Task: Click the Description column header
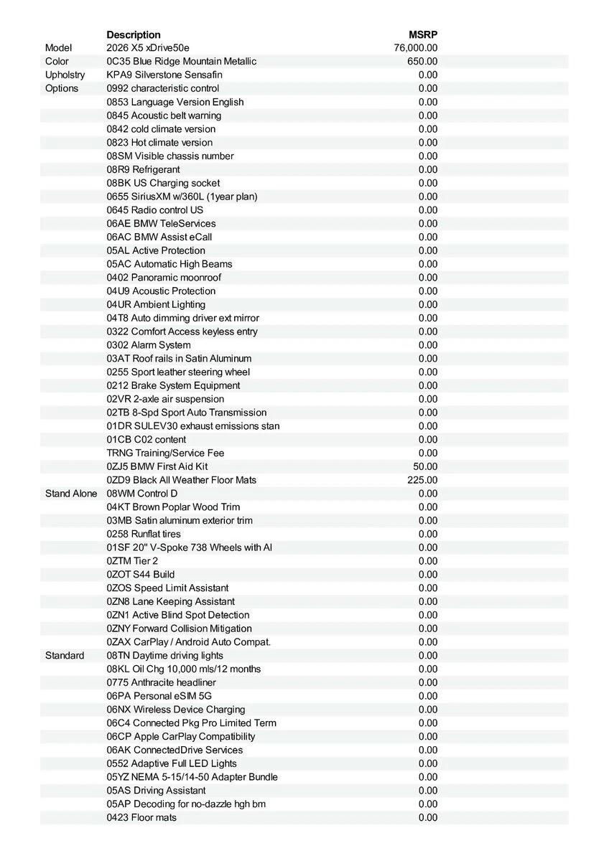coord(134,34)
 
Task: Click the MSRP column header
coord(423,34)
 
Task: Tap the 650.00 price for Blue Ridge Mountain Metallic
coord(422,62)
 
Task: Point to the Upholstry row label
coord(65,75)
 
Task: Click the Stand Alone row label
coord(71,494)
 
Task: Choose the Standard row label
coord(65,656)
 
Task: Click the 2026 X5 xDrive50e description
coord(148,48)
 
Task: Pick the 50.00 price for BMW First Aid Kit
coord(425,466)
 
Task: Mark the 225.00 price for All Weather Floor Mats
coord(422,480)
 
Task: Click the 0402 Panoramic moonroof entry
coord(164,278)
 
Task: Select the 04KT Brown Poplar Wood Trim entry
coord(173,507)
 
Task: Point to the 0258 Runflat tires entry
coord(144,534)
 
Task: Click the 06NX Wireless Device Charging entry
coord(176,710)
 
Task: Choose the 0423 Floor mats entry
coord(141,817)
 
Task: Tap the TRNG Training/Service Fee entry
coord(165,453)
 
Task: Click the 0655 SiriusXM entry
coord(182,197)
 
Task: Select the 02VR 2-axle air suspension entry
coord(165,399)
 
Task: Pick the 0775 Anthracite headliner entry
coord(161,682)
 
